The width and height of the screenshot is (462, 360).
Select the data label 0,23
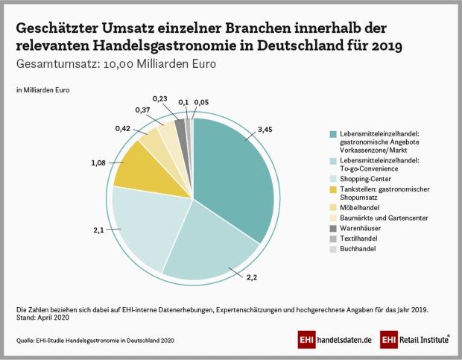coord(159,98)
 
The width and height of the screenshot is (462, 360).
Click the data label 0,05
coord(200,102)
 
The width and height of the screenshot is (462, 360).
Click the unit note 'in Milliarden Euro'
coord(42,91)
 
